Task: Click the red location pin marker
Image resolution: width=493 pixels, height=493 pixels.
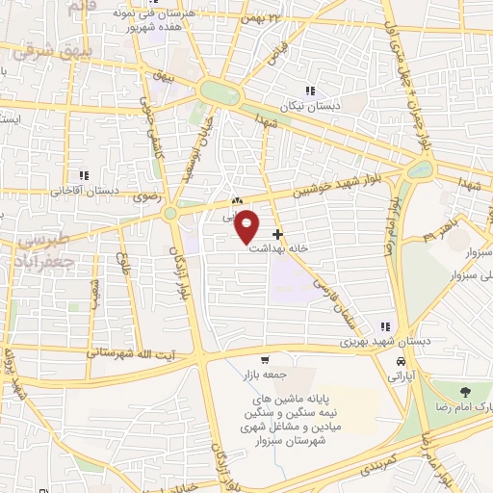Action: tap(247, 226)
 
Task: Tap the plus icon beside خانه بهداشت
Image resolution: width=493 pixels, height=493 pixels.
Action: tap(278, 234)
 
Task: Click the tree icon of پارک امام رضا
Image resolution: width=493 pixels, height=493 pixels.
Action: tap(466, 392)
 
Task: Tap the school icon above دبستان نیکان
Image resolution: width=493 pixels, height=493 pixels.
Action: tap(310, 91)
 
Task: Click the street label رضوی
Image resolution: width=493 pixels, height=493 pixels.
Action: tap(155, 195)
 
